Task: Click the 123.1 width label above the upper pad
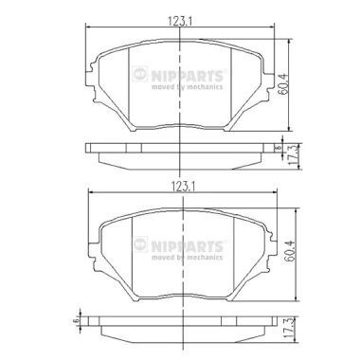pos(180,21)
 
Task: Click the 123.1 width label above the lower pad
pos(183,187)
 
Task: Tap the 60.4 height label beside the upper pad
pos(283,84)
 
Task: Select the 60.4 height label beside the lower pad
pos(290,251)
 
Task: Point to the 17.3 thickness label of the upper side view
pos(292,157)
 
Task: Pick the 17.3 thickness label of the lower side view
pos(287,330)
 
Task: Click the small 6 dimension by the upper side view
pos(279,148)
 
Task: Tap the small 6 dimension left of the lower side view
pos(75,321)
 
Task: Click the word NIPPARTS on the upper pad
pos(188,76)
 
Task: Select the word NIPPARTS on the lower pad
pos(188,246)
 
